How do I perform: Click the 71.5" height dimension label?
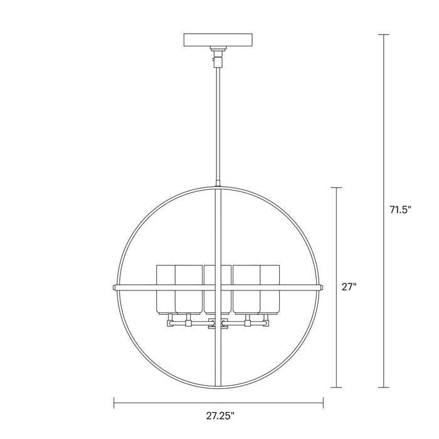399,211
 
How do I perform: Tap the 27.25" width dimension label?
218,415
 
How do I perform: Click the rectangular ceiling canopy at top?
218,40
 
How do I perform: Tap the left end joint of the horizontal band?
115,287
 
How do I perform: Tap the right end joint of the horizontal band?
322,287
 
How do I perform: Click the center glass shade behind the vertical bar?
218,288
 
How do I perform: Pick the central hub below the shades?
218,324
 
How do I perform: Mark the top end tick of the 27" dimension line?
339,188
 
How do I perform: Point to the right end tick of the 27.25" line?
323,401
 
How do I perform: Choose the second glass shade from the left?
187,288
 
